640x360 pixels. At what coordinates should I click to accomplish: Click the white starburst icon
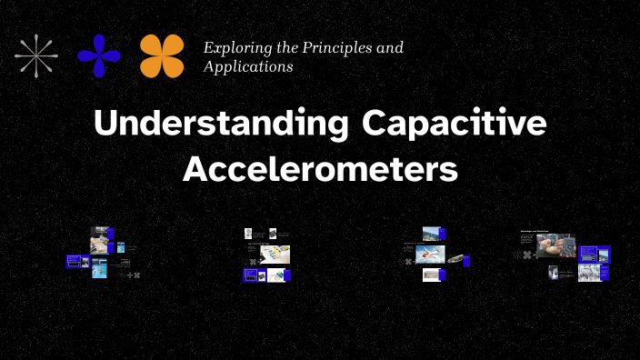(37, 55)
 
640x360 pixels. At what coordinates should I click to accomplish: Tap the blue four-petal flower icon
(99, 55)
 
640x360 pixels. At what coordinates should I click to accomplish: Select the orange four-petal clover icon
(162, 55)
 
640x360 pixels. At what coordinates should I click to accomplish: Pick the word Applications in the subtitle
(248, 66)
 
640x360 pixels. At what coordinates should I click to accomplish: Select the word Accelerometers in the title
(320, 170)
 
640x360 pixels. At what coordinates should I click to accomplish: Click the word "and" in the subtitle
(391, 47)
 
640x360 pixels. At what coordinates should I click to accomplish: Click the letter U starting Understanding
(105, 125)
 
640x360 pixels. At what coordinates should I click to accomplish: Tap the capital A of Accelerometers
(194, 170)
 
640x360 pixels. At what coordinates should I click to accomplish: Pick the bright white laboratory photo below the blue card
(588, 272)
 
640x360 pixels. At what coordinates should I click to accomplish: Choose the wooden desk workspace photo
(275, 255)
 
